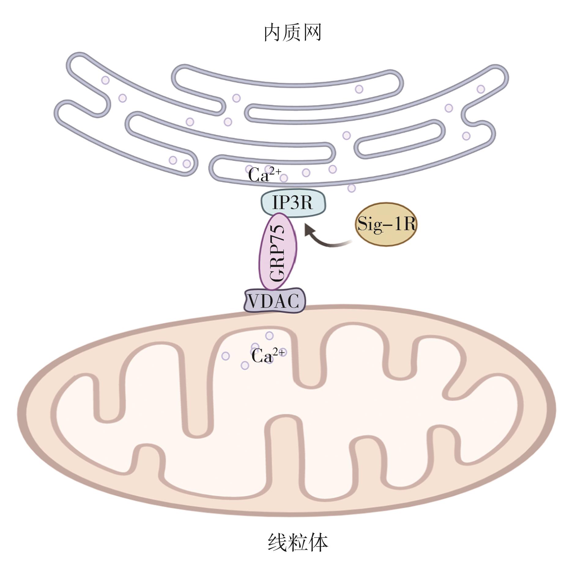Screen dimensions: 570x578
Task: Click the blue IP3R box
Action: (x=293, y=203)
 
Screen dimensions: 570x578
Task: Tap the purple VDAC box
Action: (x=274, y=301)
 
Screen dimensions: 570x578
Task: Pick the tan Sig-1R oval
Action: (x=386, y=224)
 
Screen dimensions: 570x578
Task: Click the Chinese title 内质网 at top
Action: (x=292, y=33)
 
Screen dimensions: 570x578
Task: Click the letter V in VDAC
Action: (x=254, y=301)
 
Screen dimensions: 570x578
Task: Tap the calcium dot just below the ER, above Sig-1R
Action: (x=352, y=188)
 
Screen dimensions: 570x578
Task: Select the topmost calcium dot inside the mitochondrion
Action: (x=269, y=336)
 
